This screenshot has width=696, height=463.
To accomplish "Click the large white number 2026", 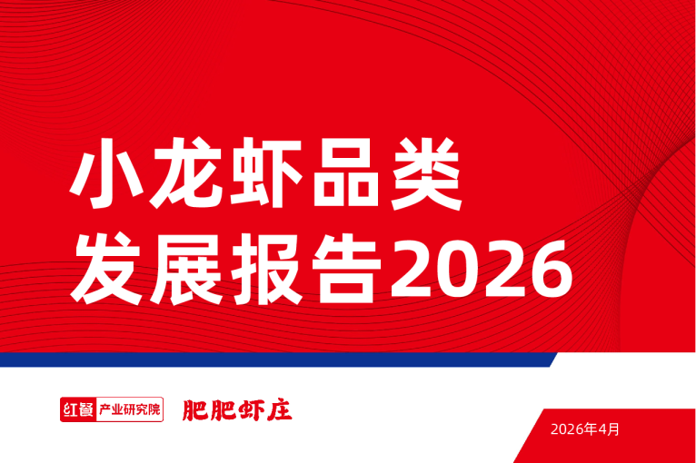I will pyautogui.click(x=482, y=271).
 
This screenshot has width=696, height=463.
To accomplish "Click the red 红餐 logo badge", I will pyautogui.click(x=75, y=409).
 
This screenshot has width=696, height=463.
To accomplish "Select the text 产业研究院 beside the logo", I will pyautogui.click(x=127, y=409).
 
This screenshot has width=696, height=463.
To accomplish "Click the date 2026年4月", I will pyautogui.click(x=585, y=429).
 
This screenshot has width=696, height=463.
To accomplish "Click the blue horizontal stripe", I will pyautogui.click(x=273, y=360).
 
